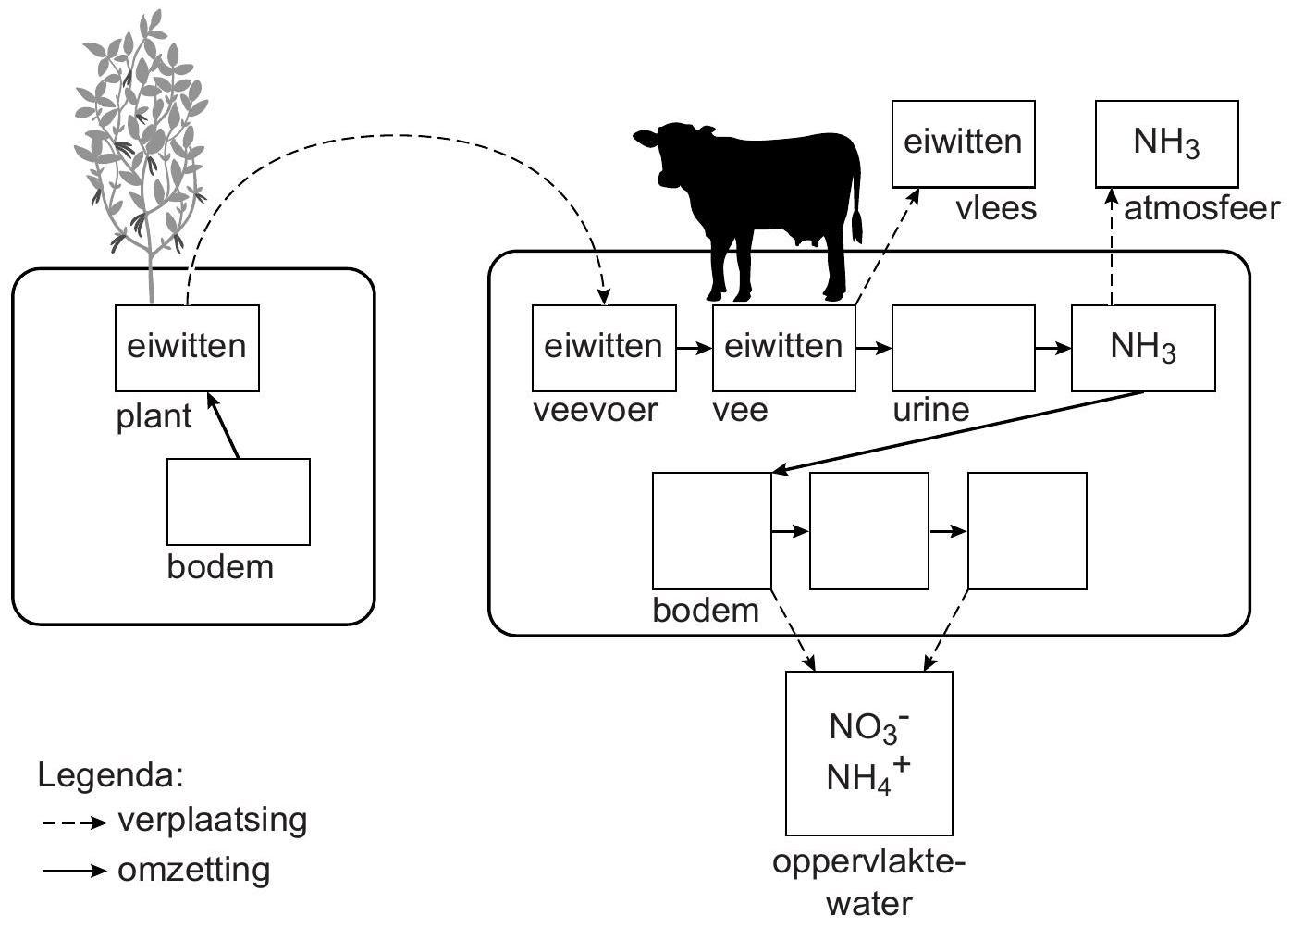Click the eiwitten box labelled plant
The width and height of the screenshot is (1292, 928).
click(187, 348)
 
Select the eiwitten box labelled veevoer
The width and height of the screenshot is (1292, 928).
click(603, 348)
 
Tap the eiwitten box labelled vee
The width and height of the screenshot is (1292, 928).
click(783, 348)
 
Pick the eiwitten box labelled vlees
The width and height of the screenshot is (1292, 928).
click(963, 143)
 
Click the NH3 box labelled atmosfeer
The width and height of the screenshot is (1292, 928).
click(1166, 143)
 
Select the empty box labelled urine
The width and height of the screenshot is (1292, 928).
click(963, 348)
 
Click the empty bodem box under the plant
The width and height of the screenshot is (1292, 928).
click(238, 501)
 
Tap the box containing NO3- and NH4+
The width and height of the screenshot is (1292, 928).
click(868, 753)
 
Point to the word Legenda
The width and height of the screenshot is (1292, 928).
click(111, 775)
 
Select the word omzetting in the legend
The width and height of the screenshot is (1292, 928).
click(194, 871)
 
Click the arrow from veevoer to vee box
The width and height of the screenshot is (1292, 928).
click(694, 348)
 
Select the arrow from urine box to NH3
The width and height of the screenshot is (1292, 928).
click(1052, 348)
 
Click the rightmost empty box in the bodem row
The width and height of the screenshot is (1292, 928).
click(1027, 531)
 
